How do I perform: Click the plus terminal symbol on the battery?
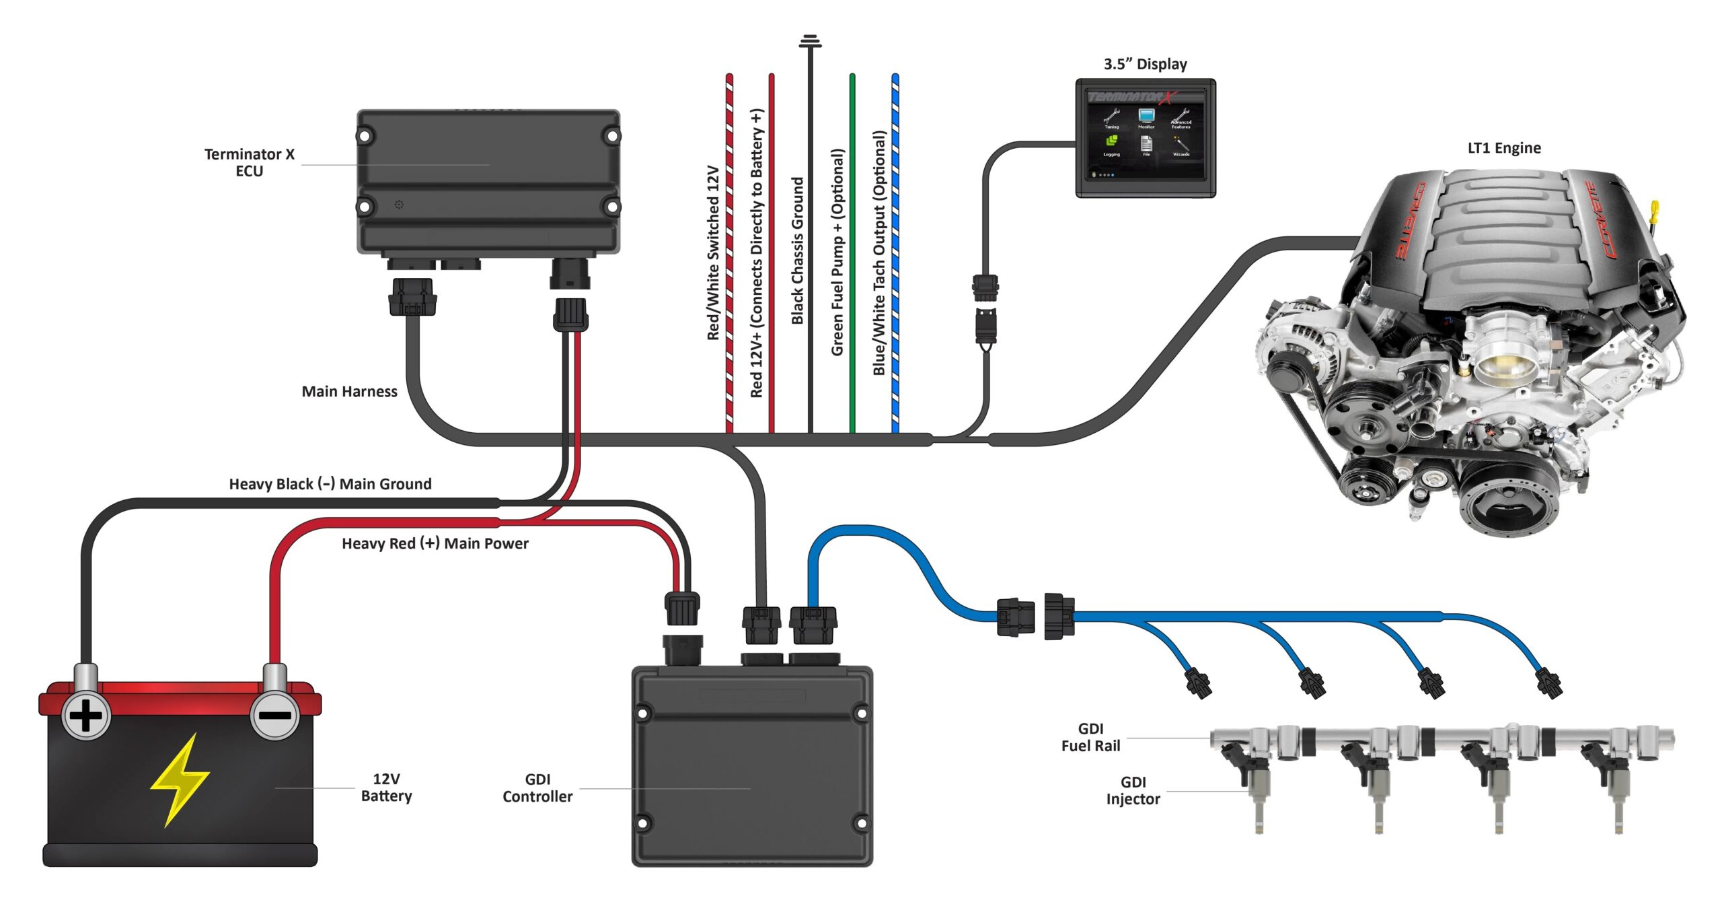tap(85, 716)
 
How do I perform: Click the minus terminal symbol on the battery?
tap(274, 715)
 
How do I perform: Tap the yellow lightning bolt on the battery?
tap(180, 781)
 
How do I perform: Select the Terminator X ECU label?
tap(250, 162)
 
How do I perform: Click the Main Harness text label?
tap(349, 391)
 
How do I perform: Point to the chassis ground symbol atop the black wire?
tap(810, 41)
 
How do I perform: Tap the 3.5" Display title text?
tap(1145, 64)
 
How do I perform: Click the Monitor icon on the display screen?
tap(1146, 117)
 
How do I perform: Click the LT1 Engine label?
tap(1504, 147)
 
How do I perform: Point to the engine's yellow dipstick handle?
tap(1655, 209)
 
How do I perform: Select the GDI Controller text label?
tap(537, 788)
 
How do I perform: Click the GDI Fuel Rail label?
tap(1090, 737)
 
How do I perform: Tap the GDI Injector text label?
tap(1133, 790)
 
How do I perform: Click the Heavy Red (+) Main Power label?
tap(435, 543)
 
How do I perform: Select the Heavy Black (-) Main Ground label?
tap(330, 484)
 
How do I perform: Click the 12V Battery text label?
tap(386, 787)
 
